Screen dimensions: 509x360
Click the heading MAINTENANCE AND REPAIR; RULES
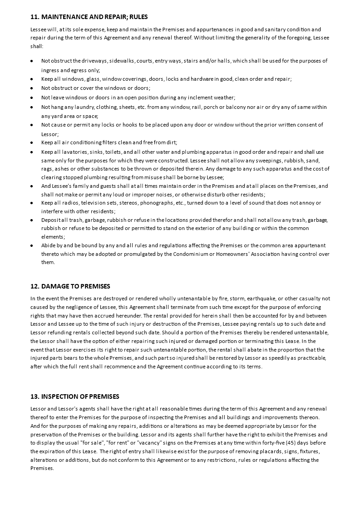[89, 17]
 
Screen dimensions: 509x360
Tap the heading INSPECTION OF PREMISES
[74, 396]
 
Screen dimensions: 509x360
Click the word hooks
[120, 125]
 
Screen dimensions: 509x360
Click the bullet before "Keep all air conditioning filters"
[31, 142]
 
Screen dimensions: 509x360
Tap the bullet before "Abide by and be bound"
[31, 245]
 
